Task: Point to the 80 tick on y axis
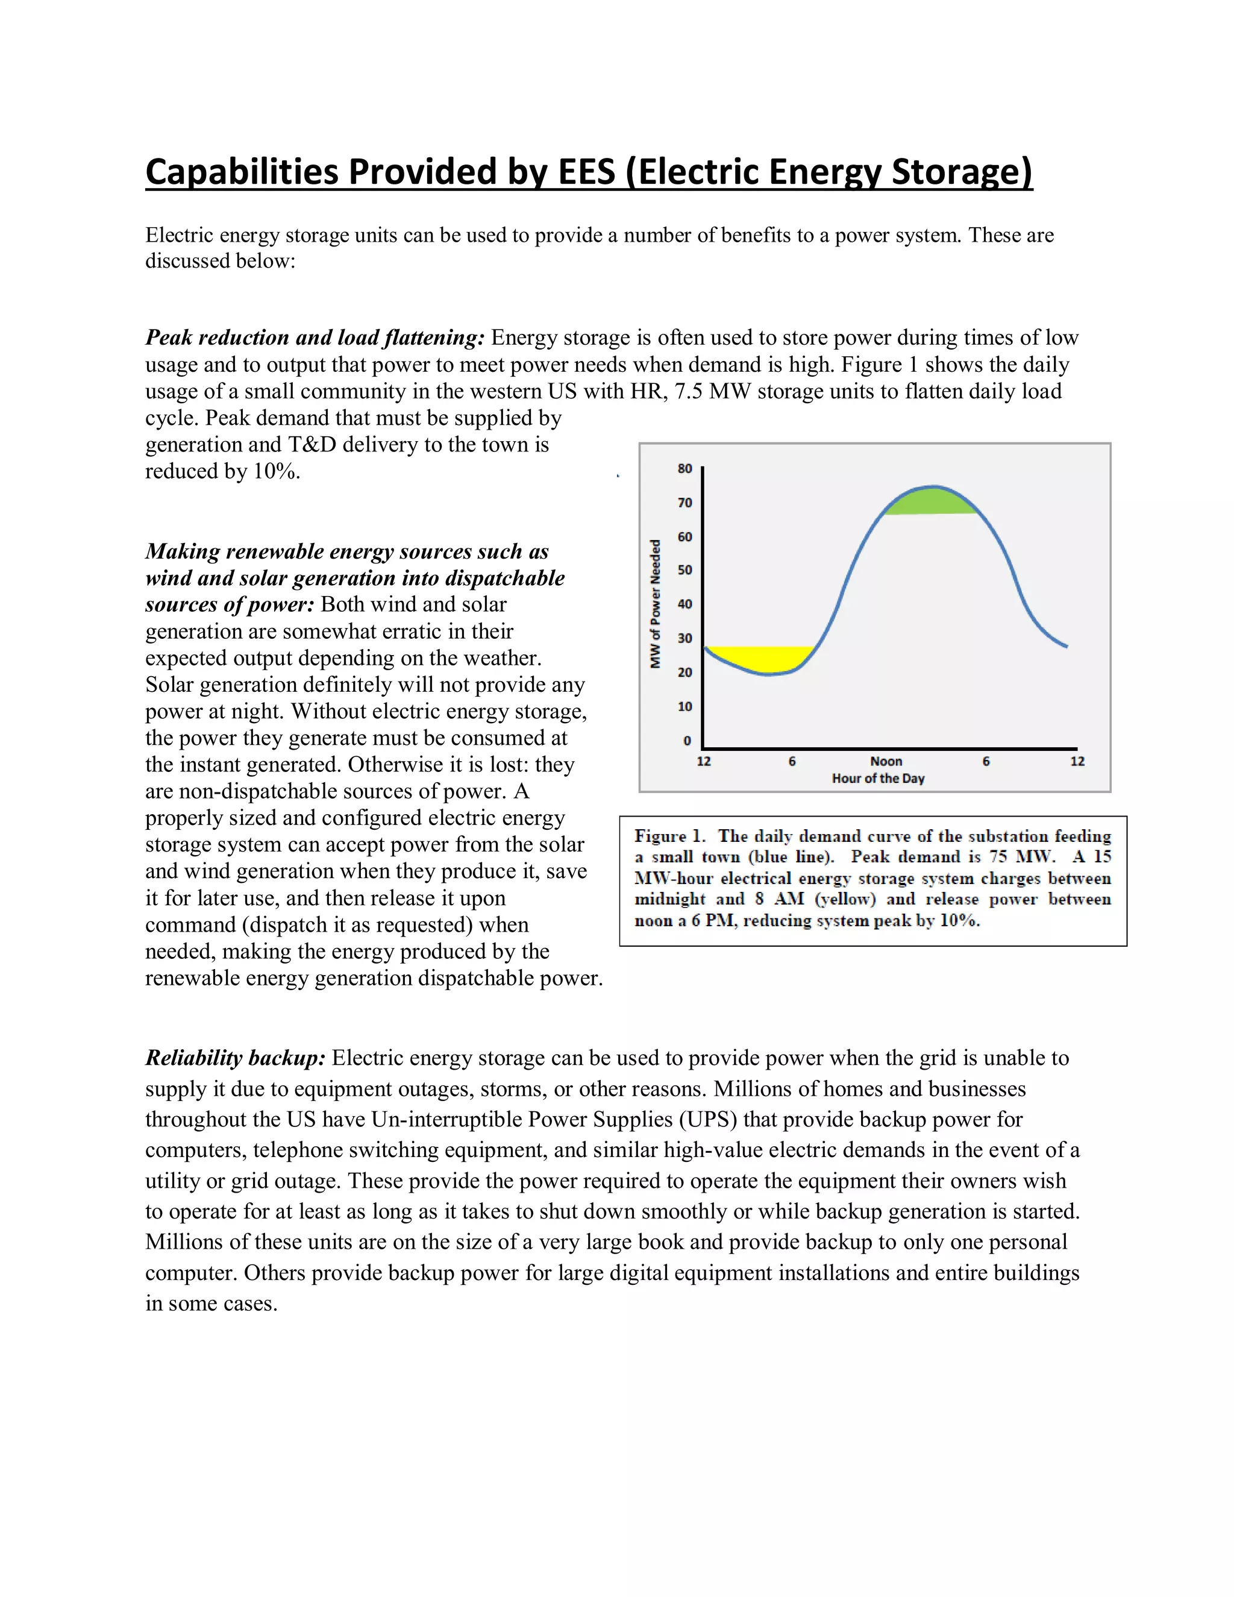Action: coord(684,469)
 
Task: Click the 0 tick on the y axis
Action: coord(686,741)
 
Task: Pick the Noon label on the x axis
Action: coord(886,761)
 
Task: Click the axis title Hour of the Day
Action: coord(878,779)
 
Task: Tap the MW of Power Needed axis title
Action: coord(656,604)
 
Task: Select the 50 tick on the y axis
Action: coord(684,569)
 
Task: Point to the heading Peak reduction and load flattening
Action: coord(315,338)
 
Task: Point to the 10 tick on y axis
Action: coord(684,706)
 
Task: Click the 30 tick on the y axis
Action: coord(684,638)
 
